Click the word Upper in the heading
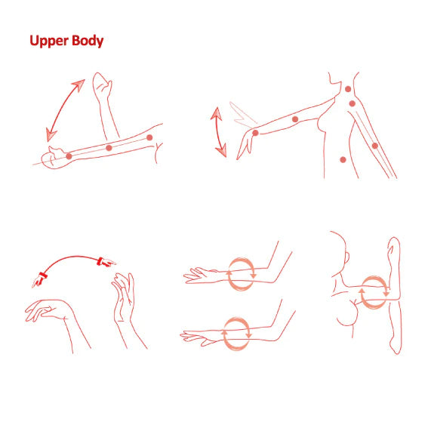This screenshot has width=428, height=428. click(49, 41)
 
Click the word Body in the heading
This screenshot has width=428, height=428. click(88, 41)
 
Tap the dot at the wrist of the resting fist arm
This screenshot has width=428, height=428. click(69, 156)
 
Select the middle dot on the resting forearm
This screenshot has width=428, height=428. click(109, 148)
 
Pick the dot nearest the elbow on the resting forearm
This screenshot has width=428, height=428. click(149, 137)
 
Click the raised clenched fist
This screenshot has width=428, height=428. click(102, 83)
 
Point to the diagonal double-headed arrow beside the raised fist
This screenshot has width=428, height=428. click(65, 110)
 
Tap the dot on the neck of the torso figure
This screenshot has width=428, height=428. click(348, 89)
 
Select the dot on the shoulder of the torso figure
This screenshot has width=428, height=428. click(352, 103)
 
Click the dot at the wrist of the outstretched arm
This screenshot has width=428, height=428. click(255, 133)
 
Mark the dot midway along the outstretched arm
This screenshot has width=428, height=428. click(295, 119)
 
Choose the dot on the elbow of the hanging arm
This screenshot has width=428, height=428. click(375, 146)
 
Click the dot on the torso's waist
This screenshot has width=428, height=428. click(343, 160)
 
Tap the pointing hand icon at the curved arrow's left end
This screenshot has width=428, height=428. click(39, 280)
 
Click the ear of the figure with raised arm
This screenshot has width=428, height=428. click(347, 258)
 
